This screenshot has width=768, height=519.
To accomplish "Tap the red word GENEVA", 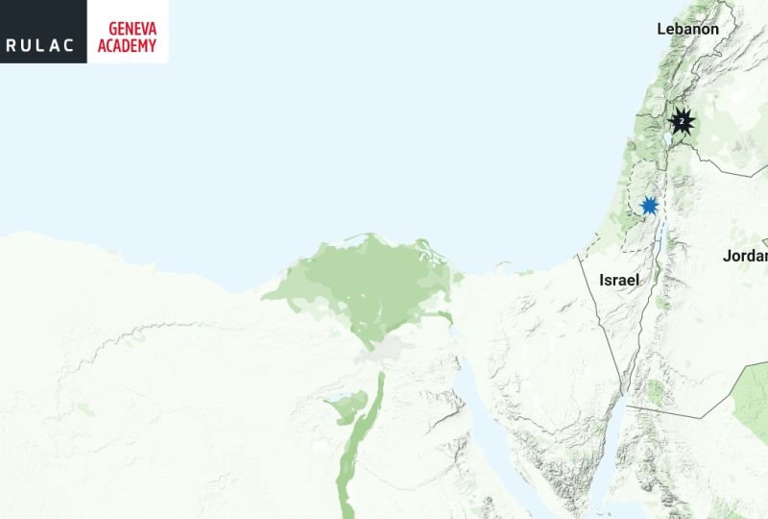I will coord(127,27).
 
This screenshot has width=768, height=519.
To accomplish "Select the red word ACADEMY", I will coord(127,44).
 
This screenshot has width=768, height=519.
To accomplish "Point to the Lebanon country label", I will coord(687,29).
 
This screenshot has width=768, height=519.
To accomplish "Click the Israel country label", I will coord(619,280).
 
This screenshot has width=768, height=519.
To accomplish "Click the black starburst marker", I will coord(682,122).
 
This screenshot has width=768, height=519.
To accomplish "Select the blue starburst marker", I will coord(650,205).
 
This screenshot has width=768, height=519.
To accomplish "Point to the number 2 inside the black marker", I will coord(682,122).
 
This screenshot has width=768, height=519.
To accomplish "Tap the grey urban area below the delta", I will coord(384,354).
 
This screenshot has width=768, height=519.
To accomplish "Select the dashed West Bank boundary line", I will coord(628,192).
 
